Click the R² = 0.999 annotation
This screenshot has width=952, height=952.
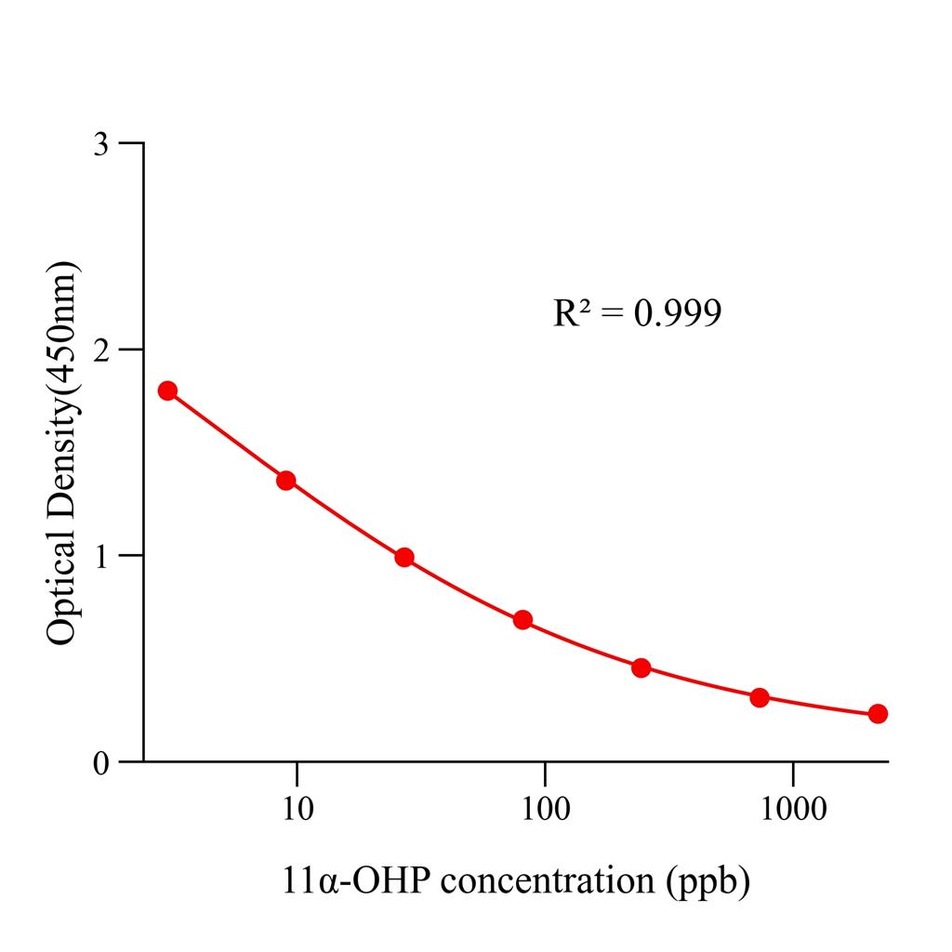click(x=637, y=313)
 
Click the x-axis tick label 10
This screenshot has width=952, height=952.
click(x=297, y=809)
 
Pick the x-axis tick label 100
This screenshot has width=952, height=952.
click(x=545, y=809)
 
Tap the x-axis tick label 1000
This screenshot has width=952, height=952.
click(x=792, y=809)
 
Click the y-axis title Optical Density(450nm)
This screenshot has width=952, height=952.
click(x=62, y=453)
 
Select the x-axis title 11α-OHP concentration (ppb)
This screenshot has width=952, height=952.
click(x=515, y=880)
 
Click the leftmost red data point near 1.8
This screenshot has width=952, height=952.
click(x=167, y=390)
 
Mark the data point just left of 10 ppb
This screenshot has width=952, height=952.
click(x=286, y=481)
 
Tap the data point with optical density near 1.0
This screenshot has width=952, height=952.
click(x=404, y=558)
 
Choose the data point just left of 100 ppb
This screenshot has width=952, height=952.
click(x=522, y=620)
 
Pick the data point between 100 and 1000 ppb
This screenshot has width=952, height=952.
click(x=641, y=668)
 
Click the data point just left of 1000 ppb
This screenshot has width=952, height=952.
click(x=760, y=697)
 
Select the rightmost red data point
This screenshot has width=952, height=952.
click(x=878, y=714)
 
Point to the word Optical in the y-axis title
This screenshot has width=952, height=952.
click(x=62, y=595)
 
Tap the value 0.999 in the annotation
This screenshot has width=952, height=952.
click(x=677, y=313)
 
